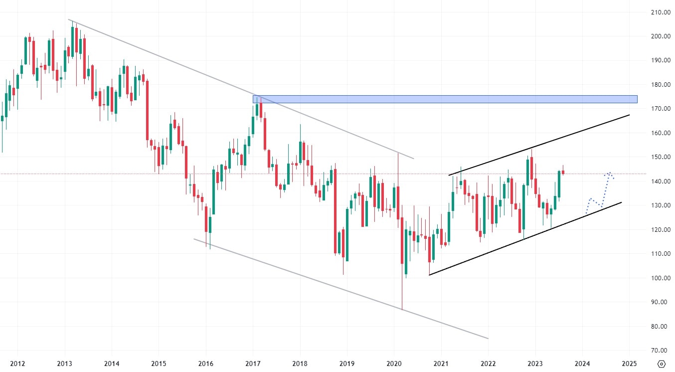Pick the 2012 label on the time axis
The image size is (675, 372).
click(x=17, y=363)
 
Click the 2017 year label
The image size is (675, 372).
click(x=253, y=363)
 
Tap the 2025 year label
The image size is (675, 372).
click(x=629, y=363)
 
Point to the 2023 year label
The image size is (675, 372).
click(x=535, y=363)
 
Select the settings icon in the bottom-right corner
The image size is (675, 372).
click(x=661, y=364)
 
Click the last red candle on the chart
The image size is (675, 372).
click(x=563, y=173)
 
